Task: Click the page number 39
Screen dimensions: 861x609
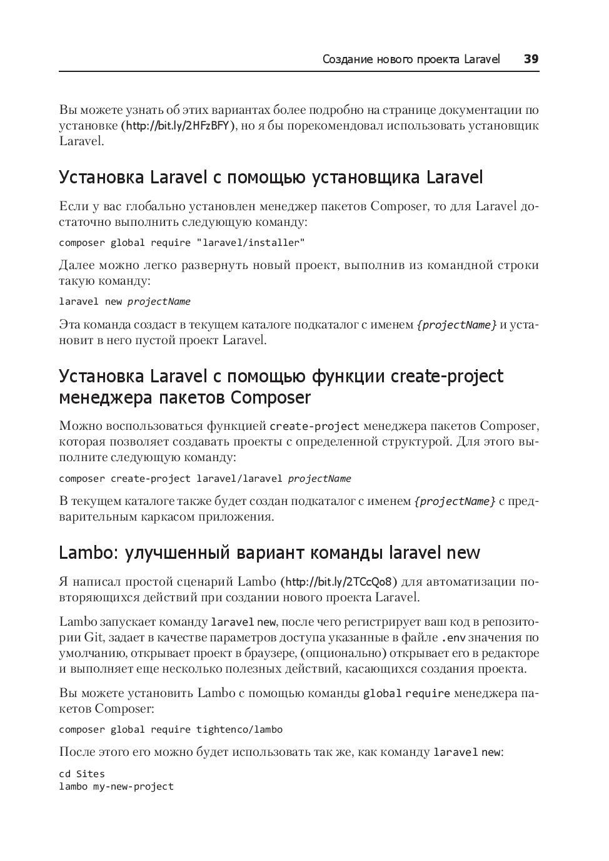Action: pyautogui.click(x=531, y=59)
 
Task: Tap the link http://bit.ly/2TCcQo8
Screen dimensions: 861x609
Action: pyautogui.click(x=338, y=582)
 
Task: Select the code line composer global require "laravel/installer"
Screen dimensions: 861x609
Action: pyautogui.click(x=182, y=243)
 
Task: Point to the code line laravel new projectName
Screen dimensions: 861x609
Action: pyautogui.click(x=124, y=302)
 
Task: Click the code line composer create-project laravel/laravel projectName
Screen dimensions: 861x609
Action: pyautogui.click(x=204, y=479)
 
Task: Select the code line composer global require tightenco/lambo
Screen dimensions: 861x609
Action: pyautogui.click(x=171, y=730)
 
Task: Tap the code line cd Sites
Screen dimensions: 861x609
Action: pyautogui.click(x=82, y=774)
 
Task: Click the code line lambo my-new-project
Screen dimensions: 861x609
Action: pyautogui.click(x=116, y=787)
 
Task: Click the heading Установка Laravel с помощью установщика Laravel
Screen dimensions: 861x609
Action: pyautogui.click(x=271, y=178)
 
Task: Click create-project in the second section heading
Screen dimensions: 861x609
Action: pyautogui.click(x=446, y=377)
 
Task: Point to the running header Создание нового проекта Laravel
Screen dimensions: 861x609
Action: pyautogui.click(x=411, y=59)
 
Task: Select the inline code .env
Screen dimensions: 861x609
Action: pyautogui.click(x=453, y=638)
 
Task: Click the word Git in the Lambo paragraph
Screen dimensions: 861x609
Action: pyautogui.click(x=94, y=638)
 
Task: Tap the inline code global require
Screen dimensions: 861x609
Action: pyautogui.click(x=406, y=694)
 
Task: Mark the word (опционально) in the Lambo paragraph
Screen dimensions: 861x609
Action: pyautogui.click(x=343, y=653)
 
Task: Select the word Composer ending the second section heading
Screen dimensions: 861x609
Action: pyautogui.click(x=271, y=398)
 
